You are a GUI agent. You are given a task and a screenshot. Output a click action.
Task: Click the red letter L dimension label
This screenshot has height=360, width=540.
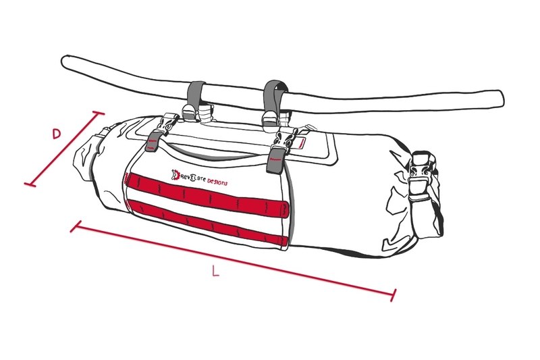click(215, 272)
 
